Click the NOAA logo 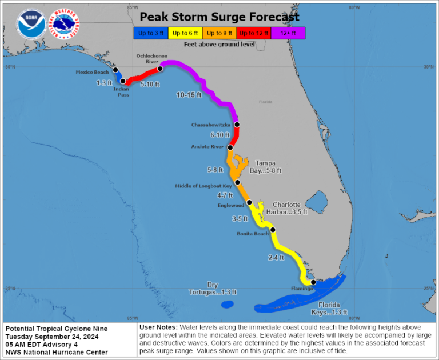[x=30, y=23]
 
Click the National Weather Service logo [x=65, y=23]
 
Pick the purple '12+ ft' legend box [x=288, y=33]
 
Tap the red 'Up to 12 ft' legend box [x=254, y=33]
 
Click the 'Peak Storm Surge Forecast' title [x=219, y=17]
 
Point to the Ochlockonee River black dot [x=161, y=69]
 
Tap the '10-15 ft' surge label [x=189, y=95]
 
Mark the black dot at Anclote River [x=230, y=147]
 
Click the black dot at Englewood [x=249, y=202]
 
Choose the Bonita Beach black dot [x=273, y=230]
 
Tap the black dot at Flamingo [x=313, y=282]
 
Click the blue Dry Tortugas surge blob [x=228, y=305]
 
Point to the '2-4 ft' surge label [x=276, y=258]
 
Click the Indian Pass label [x=121, y=91]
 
